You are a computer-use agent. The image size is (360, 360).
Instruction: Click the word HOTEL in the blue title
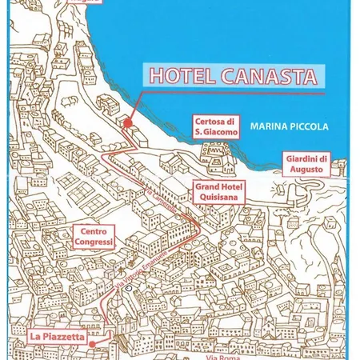click(172, 78)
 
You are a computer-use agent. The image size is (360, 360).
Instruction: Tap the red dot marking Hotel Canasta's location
click(127, 122)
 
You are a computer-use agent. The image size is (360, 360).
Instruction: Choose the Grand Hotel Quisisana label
click(219, 190)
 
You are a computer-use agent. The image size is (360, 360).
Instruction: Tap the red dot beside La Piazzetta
click(93, 343)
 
